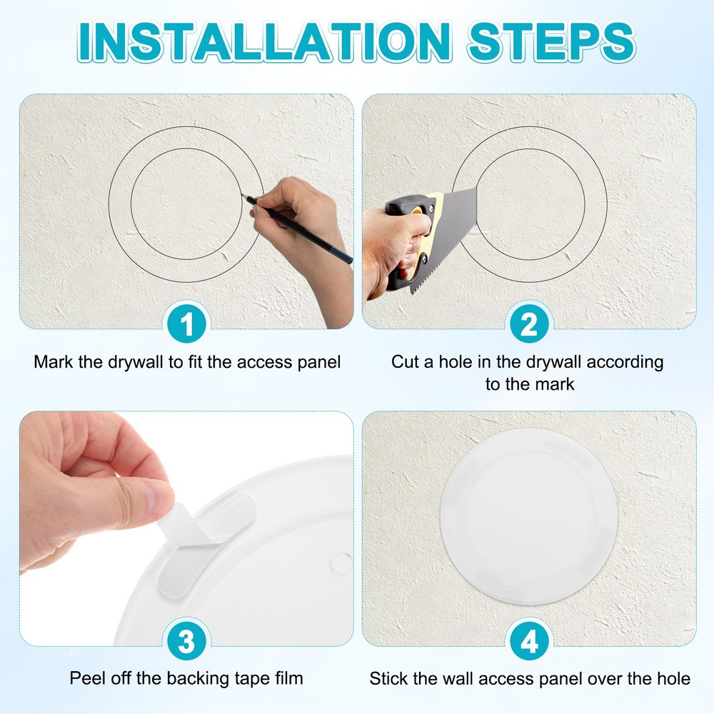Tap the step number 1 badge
[187, 326]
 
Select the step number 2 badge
[529, 326]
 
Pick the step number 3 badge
[187, 642]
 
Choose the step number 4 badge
[529, 642]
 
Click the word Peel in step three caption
[86, 678]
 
